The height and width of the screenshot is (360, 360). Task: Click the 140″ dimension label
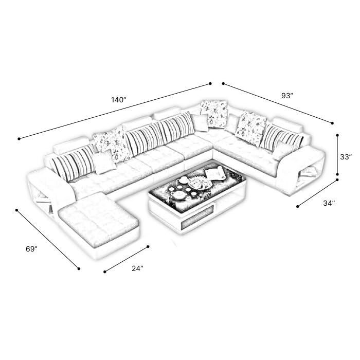coord(119,100)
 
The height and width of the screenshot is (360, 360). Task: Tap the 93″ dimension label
coord(287,96)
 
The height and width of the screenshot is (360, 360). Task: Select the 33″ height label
coord(346,157)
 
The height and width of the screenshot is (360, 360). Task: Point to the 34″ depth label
coord(329,203)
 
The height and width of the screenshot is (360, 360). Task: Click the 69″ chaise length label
coord(31,249)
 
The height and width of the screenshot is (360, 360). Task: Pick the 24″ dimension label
coord(137,268)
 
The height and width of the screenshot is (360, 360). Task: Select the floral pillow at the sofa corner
coord(214,114)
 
